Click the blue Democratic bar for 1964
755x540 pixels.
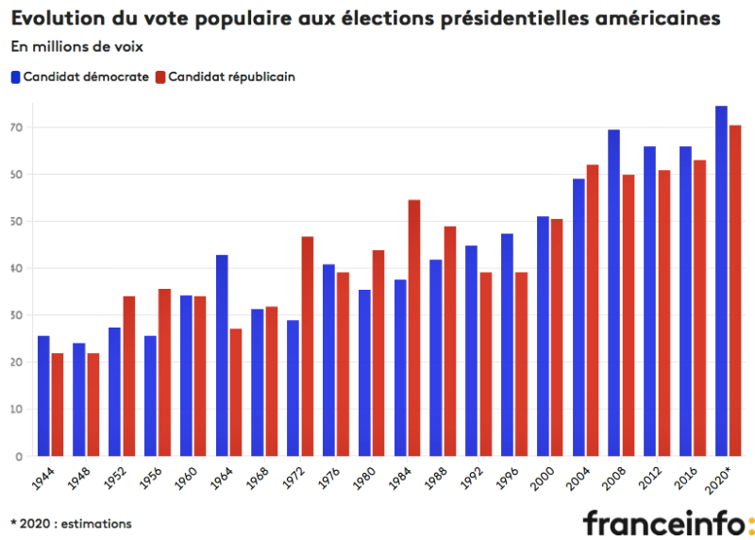(222, 355)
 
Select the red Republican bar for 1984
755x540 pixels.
(413, 328)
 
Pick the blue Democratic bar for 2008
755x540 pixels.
(613, 293)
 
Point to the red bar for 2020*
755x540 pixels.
(735, 291)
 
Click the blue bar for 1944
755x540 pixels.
(43, 396)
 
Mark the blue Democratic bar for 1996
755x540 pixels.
(507, 345)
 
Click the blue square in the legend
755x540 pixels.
(16, 77)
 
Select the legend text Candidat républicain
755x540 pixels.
(231, 77)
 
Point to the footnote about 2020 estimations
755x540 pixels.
(71, 522)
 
